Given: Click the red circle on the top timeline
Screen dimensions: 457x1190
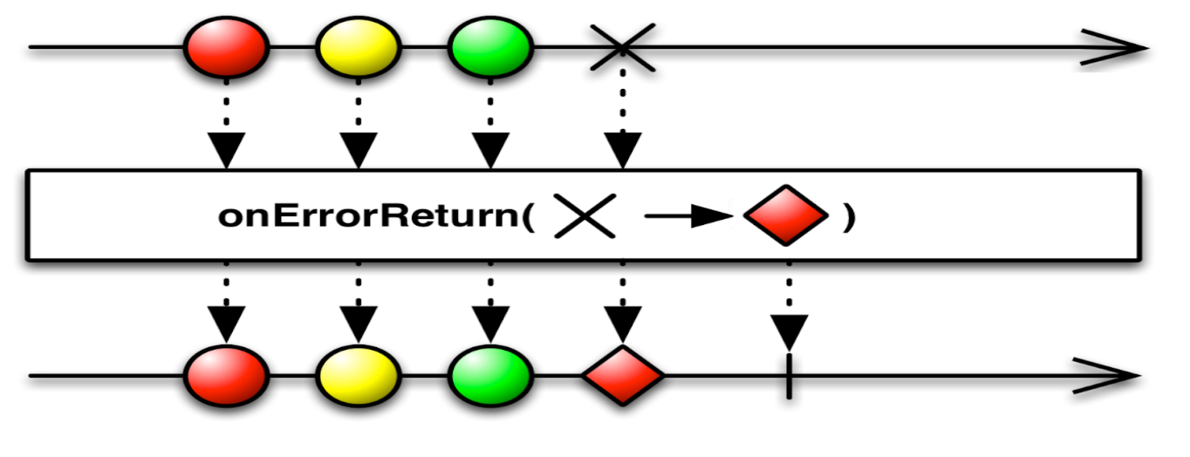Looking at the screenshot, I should click(x=227, y=47).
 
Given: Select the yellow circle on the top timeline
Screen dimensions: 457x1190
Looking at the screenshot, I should click(x=358, y=47).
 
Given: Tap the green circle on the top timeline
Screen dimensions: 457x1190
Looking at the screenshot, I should click(x=490, y=47).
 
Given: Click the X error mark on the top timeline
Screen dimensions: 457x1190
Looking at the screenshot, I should click(x=621, y=47).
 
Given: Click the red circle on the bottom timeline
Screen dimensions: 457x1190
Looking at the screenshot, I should click(x=227, y=377).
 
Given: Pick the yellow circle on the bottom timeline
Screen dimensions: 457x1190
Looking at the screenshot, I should click(x=358, y=377).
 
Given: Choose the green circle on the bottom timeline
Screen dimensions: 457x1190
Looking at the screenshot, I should click(x=490, y=377).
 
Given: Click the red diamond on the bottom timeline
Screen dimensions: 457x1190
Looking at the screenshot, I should click(x=623, y=377).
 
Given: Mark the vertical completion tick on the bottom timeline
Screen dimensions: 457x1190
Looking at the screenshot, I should click(x=789, y=377).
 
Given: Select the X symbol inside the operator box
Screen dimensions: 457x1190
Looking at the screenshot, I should click(x=585, y=215).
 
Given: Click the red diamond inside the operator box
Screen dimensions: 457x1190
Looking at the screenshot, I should click(x=785, y=215).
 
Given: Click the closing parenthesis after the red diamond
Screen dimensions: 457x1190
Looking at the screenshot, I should click(x=848, y=216).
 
